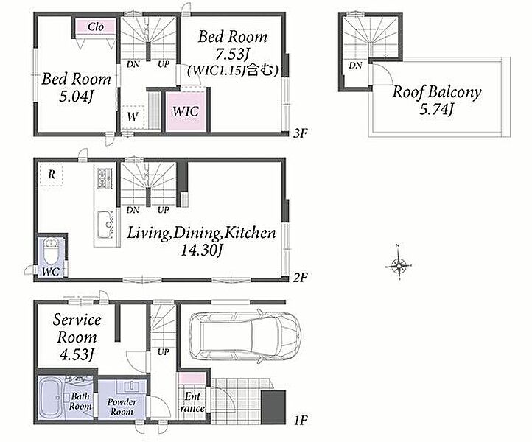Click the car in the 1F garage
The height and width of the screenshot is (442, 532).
point(245,337)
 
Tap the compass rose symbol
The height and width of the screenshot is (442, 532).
point(399,264)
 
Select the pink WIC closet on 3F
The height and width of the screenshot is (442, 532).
point(186,111)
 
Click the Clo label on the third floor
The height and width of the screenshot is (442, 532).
point(96,27)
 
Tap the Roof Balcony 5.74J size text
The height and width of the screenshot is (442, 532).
point(436,109)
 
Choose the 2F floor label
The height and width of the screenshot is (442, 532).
point(301,278)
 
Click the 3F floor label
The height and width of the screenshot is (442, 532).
point(301,133)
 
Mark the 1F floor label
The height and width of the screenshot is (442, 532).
point(301,421)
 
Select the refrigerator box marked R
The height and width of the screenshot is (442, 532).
point(52,175)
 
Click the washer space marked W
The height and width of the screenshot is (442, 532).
point(133,116)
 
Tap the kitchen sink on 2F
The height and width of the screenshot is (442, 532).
point(105,225)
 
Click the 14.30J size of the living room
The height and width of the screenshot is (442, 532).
point(201,250)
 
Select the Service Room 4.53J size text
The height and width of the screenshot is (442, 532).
point(77,354)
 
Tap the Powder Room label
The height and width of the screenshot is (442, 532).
point(122,407)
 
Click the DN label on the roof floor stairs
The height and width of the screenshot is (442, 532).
point(355,65)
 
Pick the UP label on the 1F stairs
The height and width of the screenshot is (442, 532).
point(163,352)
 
